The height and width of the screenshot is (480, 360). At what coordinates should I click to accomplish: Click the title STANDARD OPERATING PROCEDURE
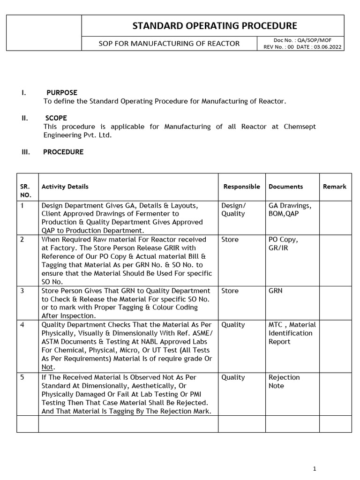pos(215,25)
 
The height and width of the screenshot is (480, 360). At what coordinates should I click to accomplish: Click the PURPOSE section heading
pos(62,92)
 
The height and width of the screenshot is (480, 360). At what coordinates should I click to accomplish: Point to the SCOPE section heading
pos(56,118)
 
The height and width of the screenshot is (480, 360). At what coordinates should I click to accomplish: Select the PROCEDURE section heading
pos(63,152)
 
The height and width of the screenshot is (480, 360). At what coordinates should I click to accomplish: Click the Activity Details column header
pos(65,187)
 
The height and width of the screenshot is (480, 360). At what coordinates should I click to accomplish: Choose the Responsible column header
pos(241,187)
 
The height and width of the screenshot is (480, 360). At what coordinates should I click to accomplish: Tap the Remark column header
pos(334,187)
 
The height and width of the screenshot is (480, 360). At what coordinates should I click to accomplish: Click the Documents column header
pos(285,187)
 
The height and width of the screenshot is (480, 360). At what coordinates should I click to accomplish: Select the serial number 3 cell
pos(22,291)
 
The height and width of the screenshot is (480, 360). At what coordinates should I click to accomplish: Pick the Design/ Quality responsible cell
pos(233,210)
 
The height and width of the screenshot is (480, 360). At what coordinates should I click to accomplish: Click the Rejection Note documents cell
pos(284,382)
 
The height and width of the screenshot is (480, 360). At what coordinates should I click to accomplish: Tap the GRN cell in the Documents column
pos(276,291)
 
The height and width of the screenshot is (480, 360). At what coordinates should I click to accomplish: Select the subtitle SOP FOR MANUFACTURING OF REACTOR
pos(169,44)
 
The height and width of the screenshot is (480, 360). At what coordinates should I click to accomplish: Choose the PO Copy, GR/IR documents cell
pos(283,243)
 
